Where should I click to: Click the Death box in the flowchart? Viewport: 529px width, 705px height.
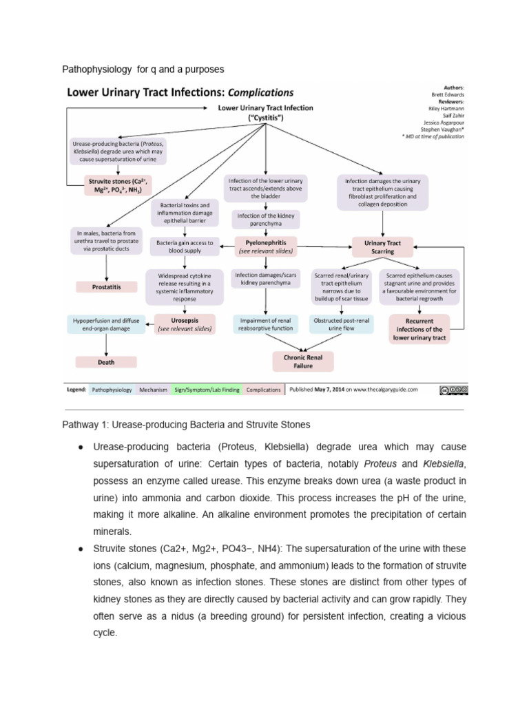(x=107, y=361)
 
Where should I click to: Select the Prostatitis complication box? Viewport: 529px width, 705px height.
(x=107, y=286)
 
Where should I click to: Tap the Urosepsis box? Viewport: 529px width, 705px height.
(x=185, y=324)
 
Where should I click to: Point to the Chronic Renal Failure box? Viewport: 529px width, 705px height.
(x=304, y=361)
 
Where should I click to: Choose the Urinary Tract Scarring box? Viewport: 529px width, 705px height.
(x=383, y=246)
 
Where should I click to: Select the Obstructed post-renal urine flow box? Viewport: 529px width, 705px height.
(x=341, y=324)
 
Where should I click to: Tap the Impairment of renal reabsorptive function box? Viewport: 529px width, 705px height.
(x=264, y=324)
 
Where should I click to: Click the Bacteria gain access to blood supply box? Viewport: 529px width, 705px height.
(x=185, y=246)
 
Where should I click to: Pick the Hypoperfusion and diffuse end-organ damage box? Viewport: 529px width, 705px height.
(x=107, y=324)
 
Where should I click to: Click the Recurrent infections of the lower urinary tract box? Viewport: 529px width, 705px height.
(x=419, y=329)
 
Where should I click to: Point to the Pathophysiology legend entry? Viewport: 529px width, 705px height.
(x=112, y=390)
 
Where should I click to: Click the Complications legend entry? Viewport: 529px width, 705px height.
(x=264, y=390)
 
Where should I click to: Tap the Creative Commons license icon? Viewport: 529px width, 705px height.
(x=453, y=390)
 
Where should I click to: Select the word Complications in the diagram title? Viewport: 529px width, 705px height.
(x=261, y=92)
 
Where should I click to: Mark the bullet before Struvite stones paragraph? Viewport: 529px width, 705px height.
(x=81, y=549)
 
